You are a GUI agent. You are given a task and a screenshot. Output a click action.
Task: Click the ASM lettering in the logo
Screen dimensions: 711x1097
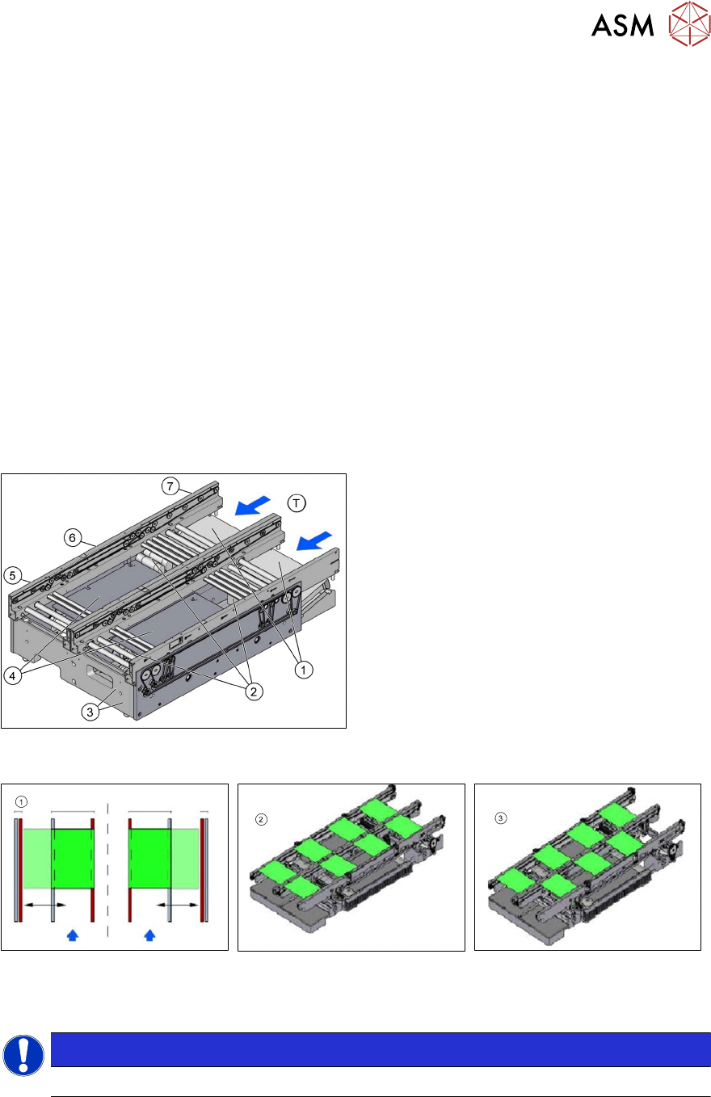(622, 25)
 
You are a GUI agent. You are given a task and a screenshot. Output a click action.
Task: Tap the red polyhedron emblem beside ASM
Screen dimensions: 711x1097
(689, 23)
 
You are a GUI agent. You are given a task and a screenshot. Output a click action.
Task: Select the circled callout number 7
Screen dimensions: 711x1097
(170, 486)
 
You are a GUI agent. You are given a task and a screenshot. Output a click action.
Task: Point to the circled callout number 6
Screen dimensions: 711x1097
(73, 538)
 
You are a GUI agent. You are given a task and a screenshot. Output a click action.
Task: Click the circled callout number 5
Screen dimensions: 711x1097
(12, 575)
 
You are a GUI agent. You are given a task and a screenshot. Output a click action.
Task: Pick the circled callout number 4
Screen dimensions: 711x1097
(12, 676)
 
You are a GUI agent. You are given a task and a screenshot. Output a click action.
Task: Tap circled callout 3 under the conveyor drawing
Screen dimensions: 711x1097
(90, 712)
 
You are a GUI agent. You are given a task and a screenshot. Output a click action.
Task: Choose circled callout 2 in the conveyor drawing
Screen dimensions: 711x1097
(254, 691)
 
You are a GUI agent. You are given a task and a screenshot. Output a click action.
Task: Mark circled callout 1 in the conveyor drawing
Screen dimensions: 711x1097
(304, 670)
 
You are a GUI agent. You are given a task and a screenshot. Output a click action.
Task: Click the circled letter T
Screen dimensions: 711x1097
(297, 503)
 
